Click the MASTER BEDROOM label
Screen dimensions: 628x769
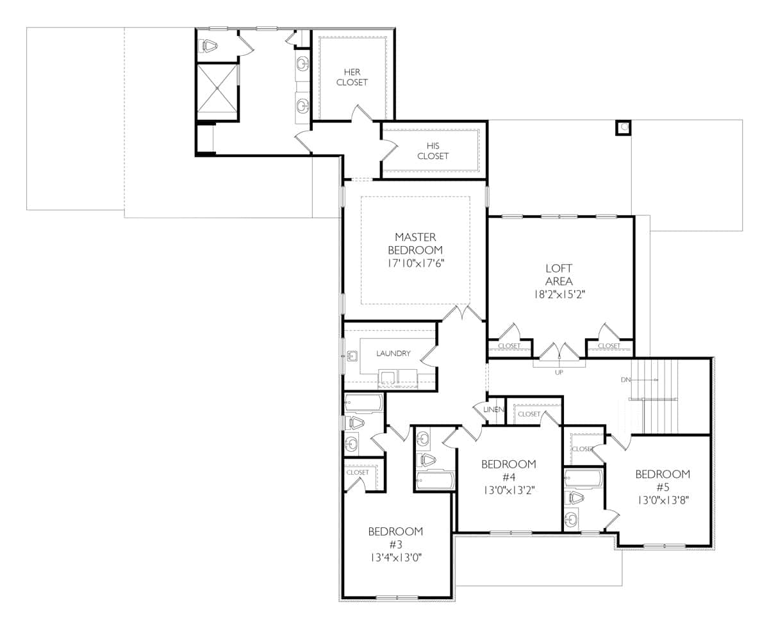pos(415,244)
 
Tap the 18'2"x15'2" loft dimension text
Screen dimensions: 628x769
pos(559,295)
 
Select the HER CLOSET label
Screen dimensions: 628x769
pos(352,77)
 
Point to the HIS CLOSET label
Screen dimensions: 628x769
pos(433,151)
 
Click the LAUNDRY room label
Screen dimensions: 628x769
pos(393,353)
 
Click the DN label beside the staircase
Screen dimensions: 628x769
pos(626,380)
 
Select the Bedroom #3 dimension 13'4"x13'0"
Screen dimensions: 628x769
pos(395,558)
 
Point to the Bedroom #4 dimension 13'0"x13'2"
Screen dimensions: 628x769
pos(508,490)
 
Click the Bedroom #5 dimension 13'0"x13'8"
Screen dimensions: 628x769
pos(663,499)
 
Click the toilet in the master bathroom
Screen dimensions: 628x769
pos(208,45)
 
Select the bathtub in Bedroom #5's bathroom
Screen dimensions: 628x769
pos(583,477)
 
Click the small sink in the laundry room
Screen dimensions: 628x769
pos(352,356)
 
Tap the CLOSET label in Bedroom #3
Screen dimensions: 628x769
pos(358,472)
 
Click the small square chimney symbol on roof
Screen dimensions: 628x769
pos(623,128)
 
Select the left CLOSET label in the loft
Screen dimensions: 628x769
pos(509,346)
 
